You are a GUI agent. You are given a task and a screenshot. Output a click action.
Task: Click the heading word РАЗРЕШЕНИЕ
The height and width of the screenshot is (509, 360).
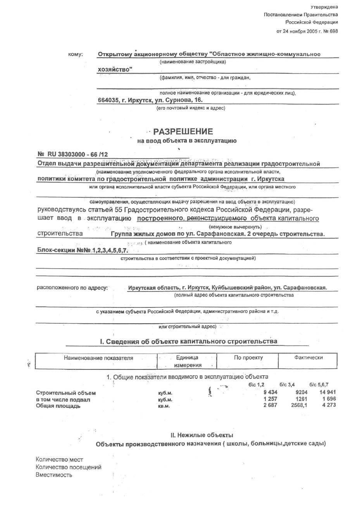pyautogui.click(x=183, y=131)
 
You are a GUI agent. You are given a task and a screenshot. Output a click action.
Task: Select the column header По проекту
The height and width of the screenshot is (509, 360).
pyautogui.click(x=248, y=357)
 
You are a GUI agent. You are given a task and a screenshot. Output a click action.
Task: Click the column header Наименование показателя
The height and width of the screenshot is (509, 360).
pyautogui.click(x=98, y=358)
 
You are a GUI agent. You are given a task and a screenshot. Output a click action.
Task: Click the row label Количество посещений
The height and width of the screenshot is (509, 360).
pyautogui.click(x=68, y=467)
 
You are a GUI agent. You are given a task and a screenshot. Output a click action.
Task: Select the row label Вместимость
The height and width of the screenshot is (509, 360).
pyautogui.click(x=54, y=475)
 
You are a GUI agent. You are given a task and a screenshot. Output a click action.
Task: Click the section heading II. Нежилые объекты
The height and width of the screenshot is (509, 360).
pyautogui.click(x=202, y=435)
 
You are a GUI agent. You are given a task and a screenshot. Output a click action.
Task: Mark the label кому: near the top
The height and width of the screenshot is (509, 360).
pyautogui.click(x=75, y=55)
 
